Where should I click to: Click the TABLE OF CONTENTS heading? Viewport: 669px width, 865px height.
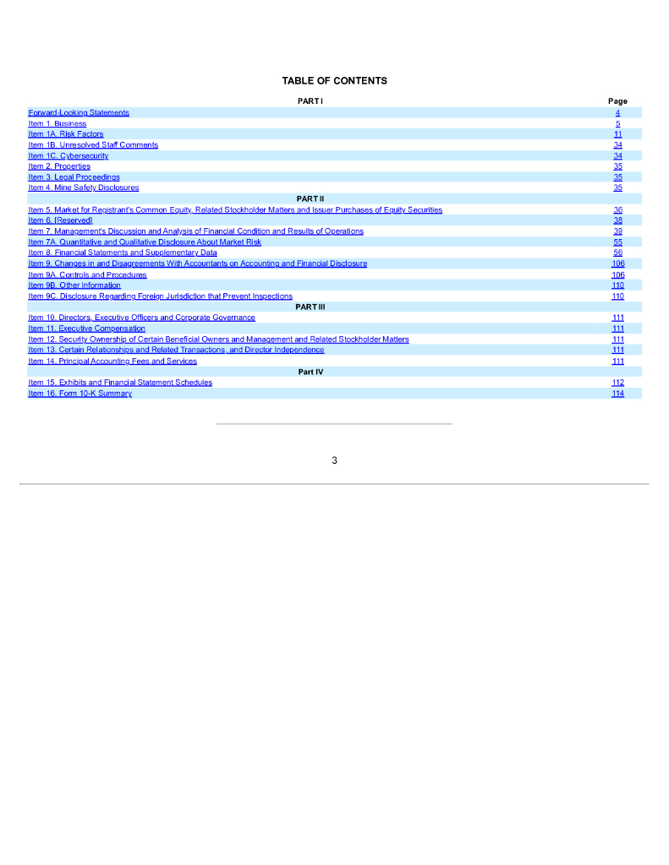(334, 81)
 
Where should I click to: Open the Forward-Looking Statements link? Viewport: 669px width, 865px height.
(79, 112)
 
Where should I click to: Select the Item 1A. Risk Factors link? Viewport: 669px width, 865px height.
(66, 134)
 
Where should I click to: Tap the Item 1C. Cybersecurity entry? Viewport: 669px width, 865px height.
(69, 156)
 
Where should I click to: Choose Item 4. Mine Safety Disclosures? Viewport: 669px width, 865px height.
(84, 188)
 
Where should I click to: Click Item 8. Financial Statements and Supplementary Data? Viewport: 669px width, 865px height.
(123, 253)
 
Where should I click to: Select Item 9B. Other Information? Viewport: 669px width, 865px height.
(74, 286)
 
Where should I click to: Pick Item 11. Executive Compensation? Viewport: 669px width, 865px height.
(86, 329)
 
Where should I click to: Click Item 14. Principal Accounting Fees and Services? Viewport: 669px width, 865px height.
(112, 362)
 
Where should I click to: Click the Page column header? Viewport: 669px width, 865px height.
(617, 101)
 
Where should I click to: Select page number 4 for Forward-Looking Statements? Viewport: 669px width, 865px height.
(618, 112)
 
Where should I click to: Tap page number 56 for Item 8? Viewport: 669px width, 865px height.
(618, 253)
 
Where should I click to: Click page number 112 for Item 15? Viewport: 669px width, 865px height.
(617, 383)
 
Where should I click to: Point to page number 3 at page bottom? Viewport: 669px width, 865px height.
(334, 460)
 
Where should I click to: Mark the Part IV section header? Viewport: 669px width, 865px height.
(310, 372)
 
